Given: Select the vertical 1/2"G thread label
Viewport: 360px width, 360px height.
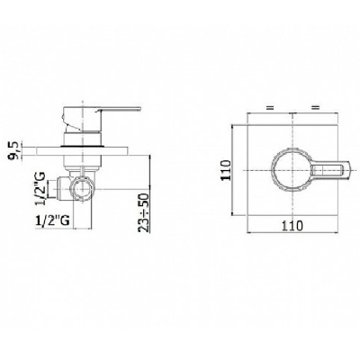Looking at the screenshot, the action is (x=41, y=188).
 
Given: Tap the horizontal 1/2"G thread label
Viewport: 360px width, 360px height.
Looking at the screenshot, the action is (x=53, y=220).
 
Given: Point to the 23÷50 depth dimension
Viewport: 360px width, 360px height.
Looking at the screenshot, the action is (x=144, y=213).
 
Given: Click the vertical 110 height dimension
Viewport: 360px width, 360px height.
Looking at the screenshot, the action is (x=227, y=170).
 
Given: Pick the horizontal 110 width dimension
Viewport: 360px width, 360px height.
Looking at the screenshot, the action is (x=292, y=225).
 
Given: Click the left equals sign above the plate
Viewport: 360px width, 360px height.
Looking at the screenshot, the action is (x=271, y=107).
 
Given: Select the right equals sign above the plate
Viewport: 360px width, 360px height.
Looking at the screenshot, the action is (x=316, y=107).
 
